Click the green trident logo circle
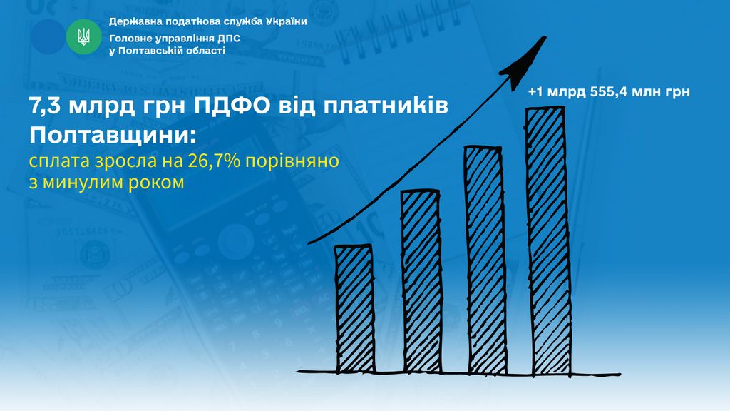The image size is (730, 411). click(x=84, y=37)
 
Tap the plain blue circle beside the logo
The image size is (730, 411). click(x=48, y=37)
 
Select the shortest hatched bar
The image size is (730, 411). click(x=355, y=308)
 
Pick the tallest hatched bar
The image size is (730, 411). click(x=548, y=240)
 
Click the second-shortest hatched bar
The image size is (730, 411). click(x=421, y=281)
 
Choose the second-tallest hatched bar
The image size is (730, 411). click(x=485, y=260)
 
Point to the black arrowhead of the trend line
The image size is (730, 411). click(x=525, y=64)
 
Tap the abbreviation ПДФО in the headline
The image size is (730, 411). click(x=232, y=106)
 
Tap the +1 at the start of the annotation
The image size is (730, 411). click(x=535, y=92)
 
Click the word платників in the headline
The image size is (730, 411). click(x=386, y=106)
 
